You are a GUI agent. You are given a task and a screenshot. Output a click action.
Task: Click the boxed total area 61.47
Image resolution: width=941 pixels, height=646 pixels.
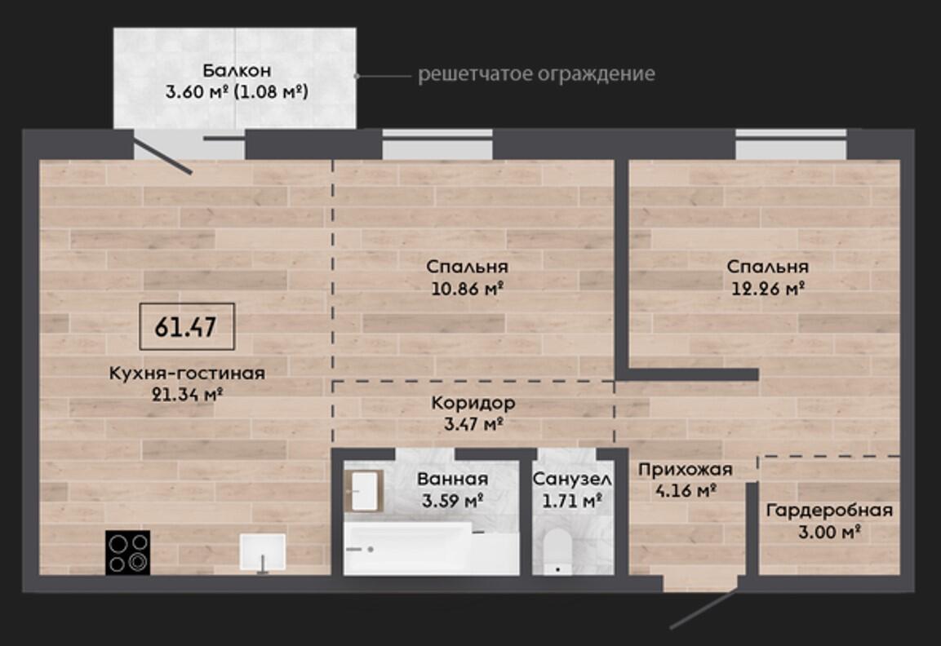(x=187, y=327)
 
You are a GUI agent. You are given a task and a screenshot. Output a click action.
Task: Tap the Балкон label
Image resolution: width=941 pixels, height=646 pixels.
(x=237, y=71)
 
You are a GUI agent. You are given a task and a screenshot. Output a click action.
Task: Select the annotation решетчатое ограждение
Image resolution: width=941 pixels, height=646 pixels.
(x=536, y=73)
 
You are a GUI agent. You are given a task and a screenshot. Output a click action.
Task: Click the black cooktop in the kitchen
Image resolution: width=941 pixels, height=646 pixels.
(x=128, y=552)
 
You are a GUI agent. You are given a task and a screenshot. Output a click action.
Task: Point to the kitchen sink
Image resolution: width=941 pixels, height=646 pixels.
(x=263, y=552)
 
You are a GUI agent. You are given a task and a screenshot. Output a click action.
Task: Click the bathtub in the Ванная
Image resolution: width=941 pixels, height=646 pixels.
(x=432, y=549)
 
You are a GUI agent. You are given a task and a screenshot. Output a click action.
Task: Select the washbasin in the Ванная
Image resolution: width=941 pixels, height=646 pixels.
(x=365, y=491)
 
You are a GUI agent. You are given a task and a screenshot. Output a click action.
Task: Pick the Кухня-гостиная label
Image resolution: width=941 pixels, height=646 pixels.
(x=187, y=373)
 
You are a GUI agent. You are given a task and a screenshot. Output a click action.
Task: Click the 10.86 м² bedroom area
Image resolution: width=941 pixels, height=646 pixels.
(x=467, y=289)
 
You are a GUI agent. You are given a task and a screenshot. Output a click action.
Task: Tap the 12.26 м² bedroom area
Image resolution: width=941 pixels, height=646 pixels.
(x=767, y=289)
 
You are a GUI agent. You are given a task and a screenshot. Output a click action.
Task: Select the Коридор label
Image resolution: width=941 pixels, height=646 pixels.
(x=473, y=402)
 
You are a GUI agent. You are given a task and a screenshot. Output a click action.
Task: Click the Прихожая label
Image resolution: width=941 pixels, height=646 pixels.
(x=686, y=469)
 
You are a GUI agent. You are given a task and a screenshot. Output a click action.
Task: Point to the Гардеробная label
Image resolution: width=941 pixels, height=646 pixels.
(x=829, y=511)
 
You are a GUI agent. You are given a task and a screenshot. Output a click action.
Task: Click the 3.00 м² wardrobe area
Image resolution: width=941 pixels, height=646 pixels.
(x=830, y=532)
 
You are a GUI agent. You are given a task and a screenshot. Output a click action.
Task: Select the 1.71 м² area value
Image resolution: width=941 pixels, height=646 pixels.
(x=572, y=500)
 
